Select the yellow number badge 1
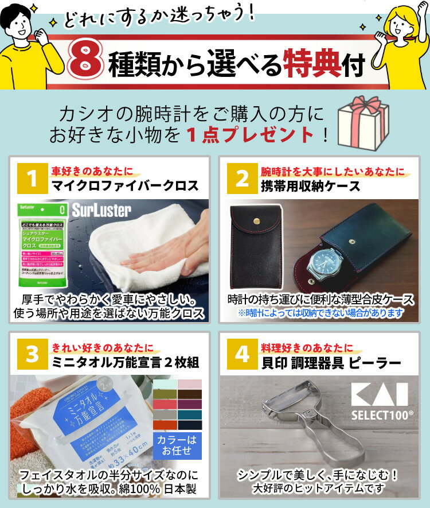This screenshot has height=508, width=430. pos(33,179)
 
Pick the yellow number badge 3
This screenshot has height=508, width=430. pos(33,354)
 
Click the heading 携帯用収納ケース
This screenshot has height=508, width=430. pos(311,186)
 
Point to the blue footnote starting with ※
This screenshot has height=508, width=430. pos(321,313)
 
